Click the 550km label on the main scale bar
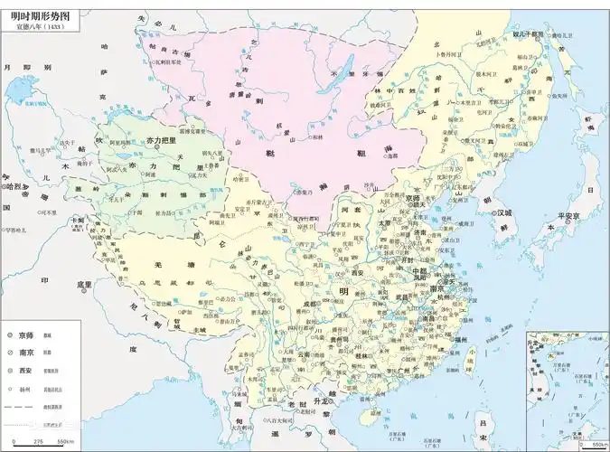pos(64,440)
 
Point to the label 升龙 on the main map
pos(321,400)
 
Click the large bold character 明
pos(343,291)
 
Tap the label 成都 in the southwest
pos(311,305)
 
